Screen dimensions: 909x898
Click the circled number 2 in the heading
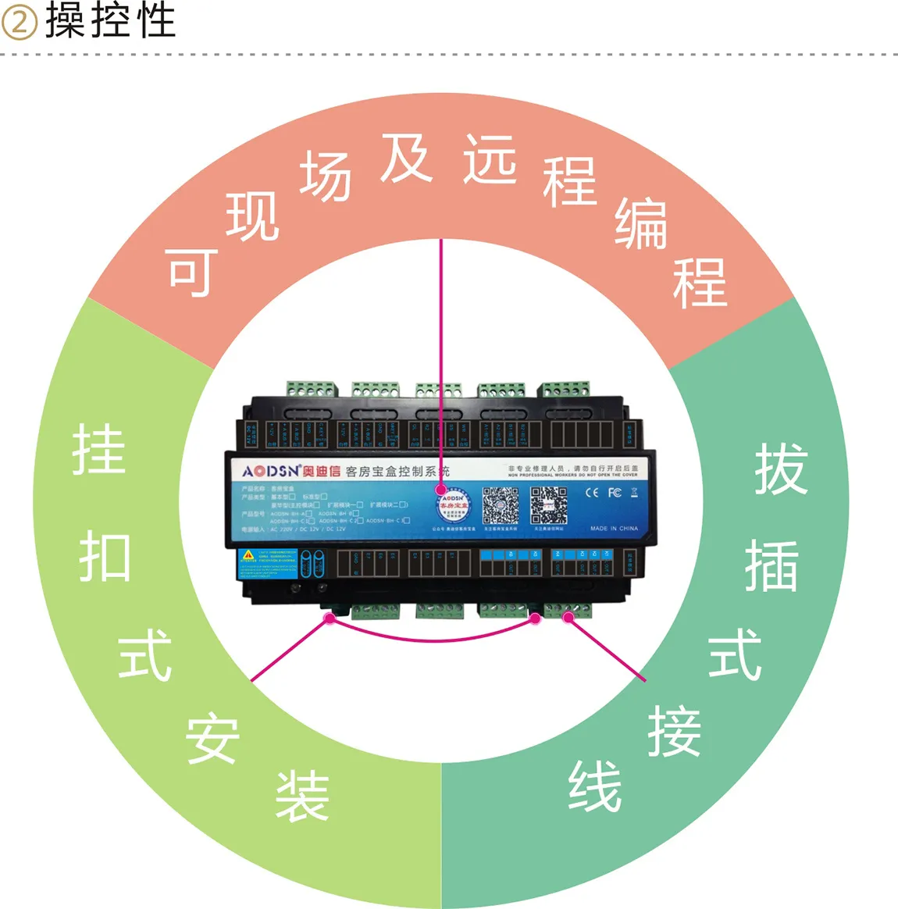pyautogui.click(x=19, y=22)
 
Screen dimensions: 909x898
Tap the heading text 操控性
pyautogui.click(x=110, y=20)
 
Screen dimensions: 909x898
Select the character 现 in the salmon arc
pyautogui.click(x=252, y=216)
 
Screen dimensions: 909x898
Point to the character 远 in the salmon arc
pyautogui.click(x=490, y=159)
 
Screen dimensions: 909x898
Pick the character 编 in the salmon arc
pyautogui.click(x=640, y=224)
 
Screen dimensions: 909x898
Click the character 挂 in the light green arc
pyautogui.click(x=99, y=450)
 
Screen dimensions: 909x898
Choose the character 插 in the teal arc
pyautogui.click(x=771, y=566)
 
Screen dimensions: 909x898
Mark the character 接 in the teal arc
pyautogui.click(x=674, y=732)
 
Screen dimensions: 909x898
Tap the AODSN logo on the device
pyautogui.click(x=270, y=471)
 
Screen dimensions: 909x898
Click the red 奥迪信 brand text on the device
pyautogui.click(x=322, y=471)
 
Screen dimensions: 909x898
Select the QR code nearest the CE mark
pyautogui.click(x=549, y=505)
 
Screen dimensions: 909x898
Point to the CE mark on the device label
pyautogui.click(x=592, y=492)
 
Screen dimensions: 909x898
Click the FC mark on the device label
pyautogui.click(x=615, y=492)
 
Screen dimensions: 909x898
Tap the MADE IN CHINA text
pyautogui.click(x=614, y=529)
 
